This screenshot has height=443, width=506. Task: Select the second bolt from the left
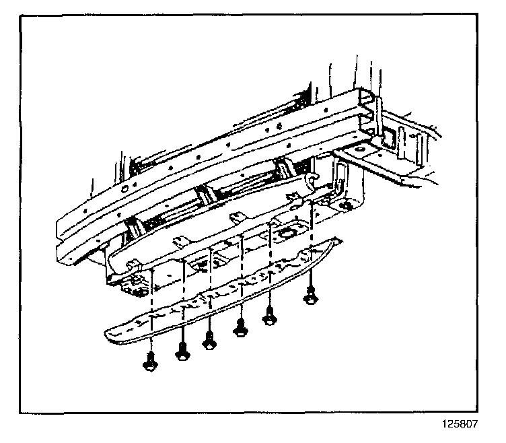pos(182,351)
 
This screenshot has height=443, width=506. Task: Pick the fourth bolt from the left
pos(240,329)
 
